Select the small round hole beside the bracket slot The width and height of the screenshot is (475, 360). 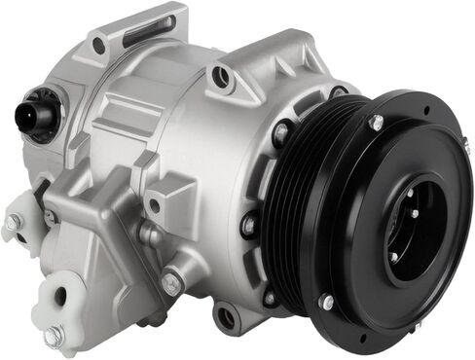pos(98,44)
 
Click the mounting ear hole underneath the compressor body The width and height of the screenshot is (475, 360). pos(227,316)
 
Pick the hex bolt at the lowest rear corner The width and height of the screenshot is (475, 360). pos(54,336)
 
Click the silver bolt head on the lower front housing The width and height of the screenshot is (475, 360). pos(172,283)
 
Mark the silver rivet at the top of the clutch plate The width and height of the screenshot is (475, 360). pos(376,123)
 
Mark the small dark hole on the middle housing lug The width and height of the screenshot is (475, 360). pos(154,205)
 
